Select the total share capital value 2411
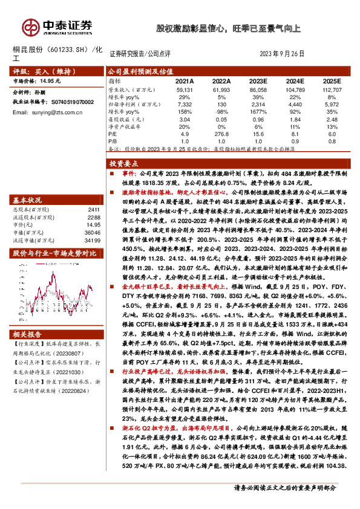(94, 209)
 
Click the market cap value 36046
(93, 232)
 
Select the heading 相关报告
(28, 334)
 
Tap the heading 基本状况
(28, 199)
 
